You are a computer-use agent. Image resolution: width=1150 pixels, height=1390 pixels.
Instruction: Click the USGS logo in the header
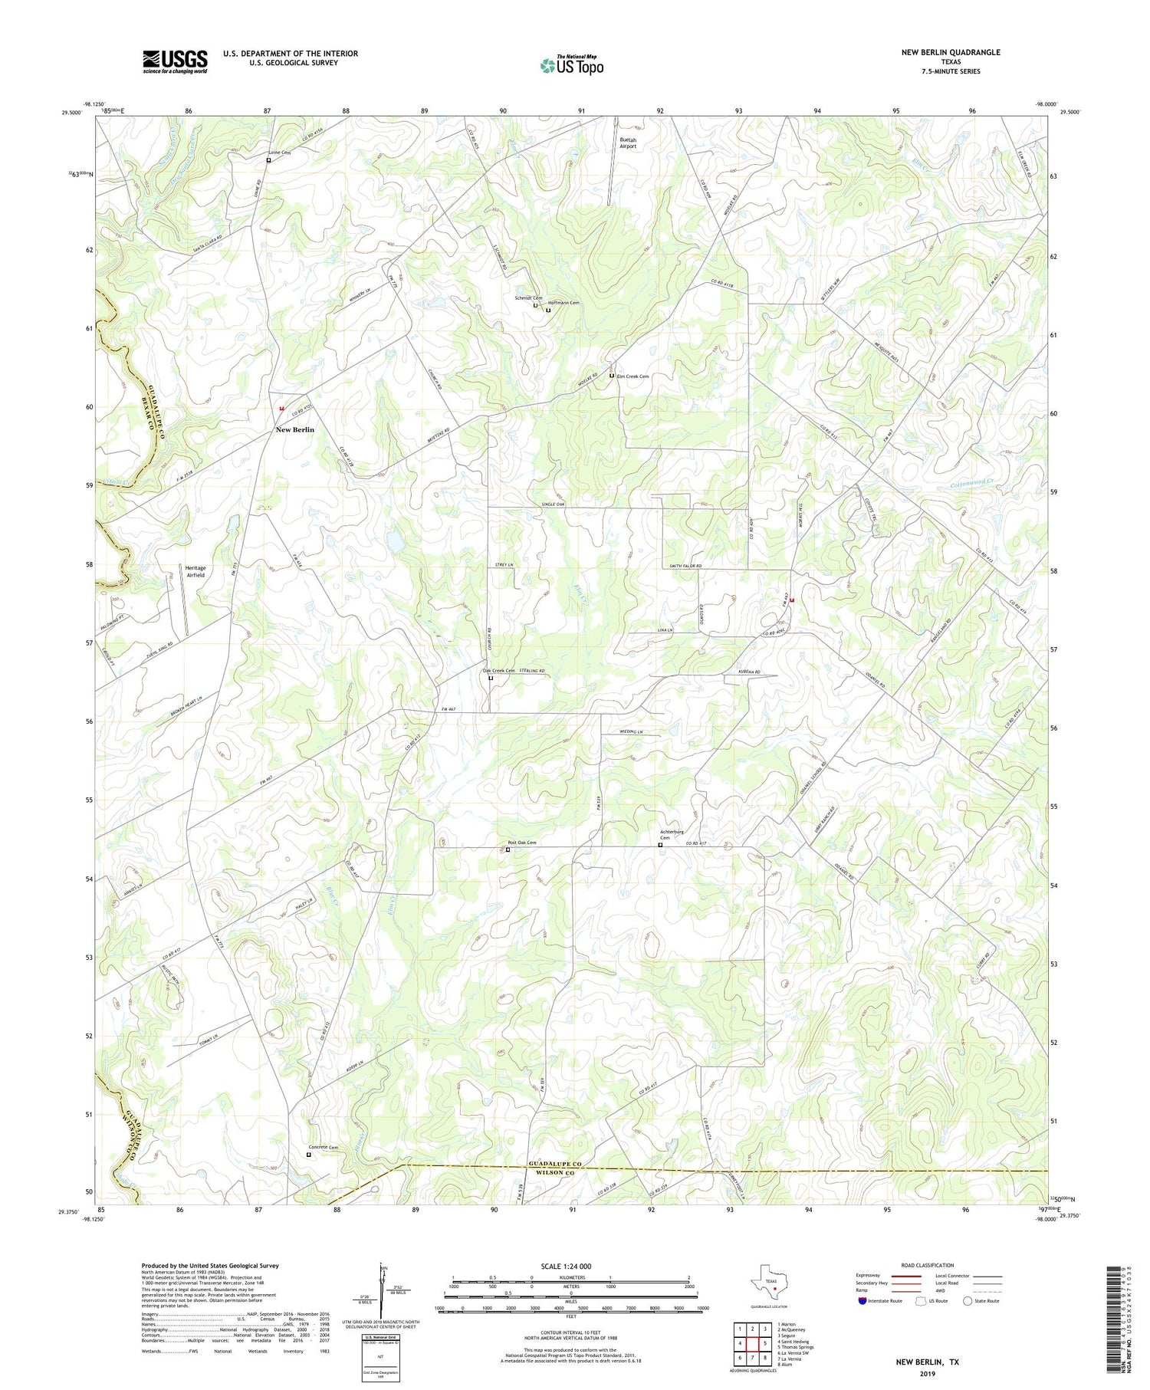click(175, 61)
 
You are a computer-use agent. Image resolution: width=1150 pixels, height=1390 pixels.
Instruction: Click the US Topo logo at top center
click(571, 65)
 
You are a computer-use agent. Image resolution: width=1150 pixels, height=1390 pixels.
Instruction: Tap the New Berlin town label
click(294, 430)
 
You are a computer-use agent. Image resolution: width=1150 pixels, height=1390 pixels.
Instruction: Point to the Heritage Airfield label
click(195, 571)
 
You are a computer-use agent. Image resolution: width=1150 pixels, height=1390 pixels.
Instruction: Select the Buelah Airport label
click(628, 143)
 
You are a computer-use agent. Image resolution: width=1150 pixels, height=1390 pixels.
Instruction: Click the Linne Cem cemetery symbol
click(268, 160)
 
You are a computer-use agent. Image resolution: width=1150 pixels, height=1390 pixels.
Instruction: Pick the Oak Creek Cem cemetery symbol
click(491, 678)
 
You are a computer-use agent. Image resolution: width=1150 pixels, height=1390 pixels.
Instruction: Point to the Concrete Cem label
click(323, 1147)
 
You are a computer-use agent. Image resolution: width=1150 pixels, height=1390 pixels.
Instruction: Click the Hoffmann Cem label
click(563, 303)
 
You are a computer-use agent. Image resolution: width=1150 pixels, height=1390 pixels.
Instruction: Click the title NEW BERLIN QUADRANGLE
click(951, 52)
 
